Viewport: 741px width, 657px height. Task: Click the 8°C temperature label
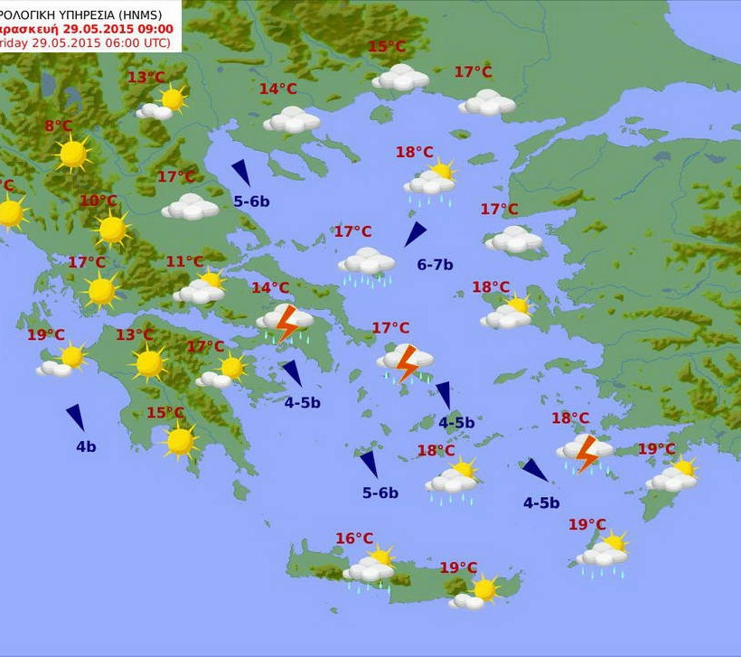pos(58,127)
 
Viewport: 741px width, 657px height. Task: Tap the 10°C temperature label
pos(98,201)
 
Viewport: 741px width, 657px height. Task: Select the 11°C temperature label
pos(184,262)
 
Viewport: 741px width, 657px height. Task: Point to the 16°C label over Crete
pos(354,539)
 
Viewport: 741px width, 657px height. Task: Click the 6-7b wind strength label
pos(435,265)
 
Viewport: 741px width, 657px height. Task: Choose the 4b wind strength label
pos(86,446)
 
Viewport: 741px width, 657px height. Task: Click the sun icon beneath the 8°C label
pos(72,155)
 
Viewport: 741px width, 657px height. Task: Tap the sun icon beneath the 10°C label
pos(112,230)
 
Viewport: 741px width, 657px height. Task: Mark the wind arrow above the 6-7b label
pos(415,234)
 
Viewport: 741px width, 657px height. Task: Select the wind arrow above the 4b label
pos(76,417)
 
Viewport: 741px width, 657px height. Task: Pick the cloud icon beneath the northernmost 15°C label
pos(400,78)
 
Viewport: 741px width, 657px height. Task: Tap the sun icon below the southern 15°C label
pos(180,441)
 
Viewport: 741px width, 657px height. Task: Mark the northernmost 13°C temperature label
pos(145,78)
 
